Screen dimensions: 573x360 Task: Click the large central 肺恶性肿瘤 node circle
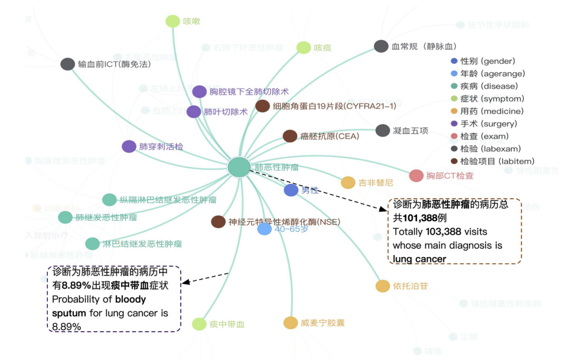(239, 167)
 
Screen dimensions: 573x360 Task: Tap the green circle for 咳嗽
(172, 21)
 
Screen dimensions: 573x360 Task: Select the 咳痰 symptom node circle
(304, 48)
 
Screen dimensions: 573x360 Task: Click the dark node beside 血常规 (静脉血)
(381, 46)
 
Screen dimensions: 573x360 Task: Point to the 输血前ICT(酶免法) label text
(115, 64)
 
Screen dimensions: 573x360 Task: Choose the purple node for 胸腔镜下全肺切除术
(200, 92)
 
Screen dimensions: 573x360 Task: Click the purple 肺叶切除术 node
(194, 112)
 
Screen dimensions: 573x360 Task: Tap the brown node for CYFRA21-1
(262, 106)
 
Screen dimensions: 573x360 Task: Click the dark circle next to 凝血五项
(383, 131)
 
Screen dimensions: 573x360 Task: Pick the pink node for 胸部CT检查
(416, 176)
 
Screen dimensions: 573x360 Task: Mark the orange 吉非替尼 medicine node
(348, 183)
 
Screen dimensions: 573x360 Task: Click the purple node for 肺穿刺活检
(129, 147)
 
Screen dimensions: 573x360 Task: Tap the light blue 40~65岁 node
(264, 229)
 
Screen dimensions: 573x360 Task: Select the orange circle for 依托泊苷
(382, 286)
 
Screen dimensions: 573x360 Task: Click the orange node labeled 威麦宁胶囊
(290, 323)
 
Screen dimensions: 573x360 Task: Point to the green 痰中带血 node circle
(199, 324)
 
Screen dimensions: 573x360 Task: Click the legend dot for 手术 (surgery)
(454, 124)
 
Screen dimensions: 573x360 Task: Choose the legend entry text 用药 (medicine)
(488, 111)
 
